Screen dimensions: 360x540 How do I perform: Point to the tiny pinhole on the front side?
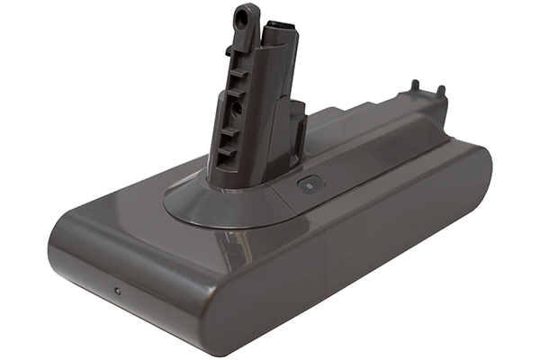coord(116,290)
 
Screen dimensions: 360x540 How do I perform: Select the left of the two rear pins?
coord(414,87)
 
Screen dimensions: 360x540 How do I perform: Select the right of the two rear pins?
coord(441,91)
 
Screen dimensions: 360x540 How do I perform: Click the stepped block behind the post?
coord(296,126)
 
